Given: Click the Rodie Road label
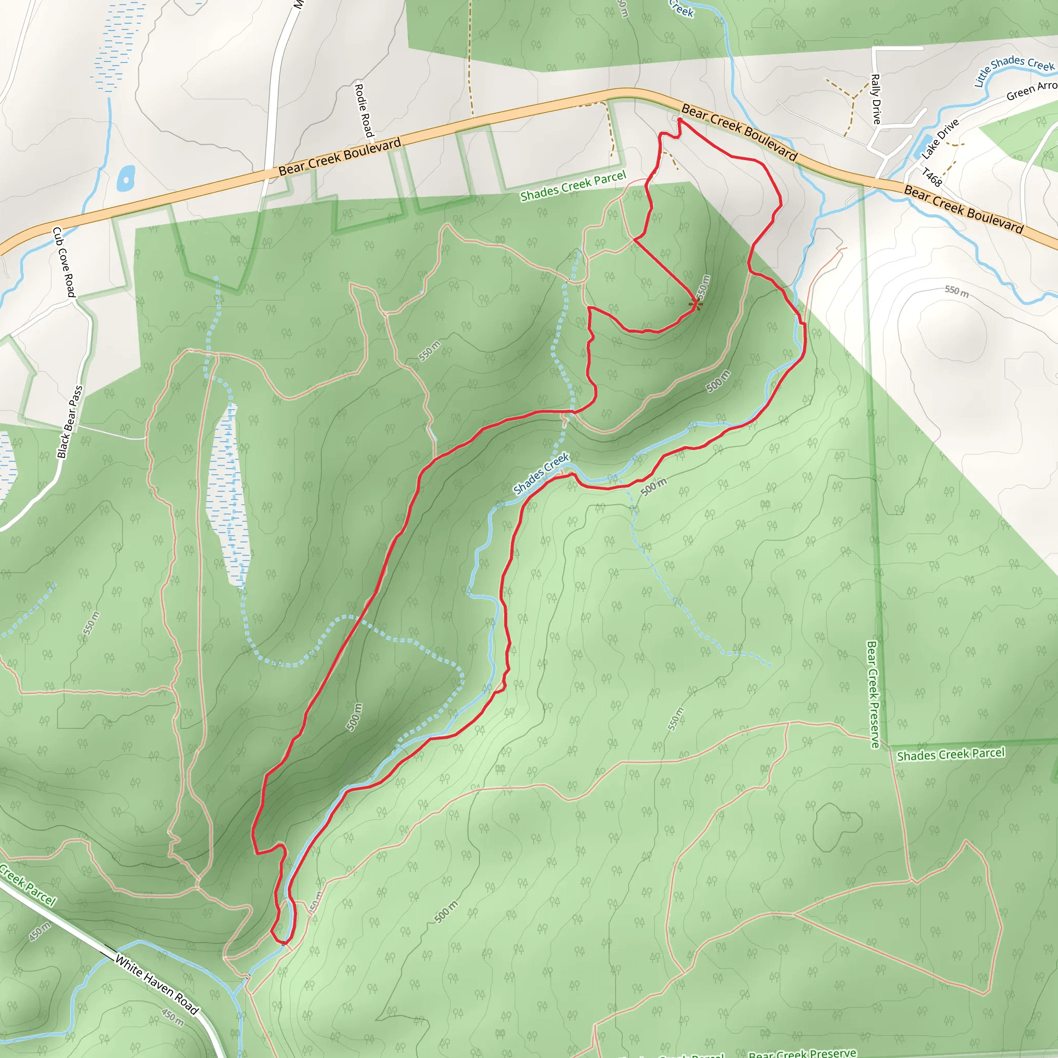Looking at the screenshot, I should [364, 111].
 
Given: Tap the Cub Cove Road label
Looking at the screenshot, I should [64, 262].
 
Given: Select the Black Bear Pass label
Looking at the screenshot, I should [71, 422].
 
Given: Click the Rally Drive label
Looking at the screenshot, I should [876, 99].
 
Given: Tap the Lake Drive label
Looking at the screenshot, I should [940, 139].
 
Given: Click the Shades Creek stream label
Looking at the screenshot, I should [541, 473].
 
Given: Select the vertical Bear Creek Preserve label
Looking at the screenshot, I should [873, 694].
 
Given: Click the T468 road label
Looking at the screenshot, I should [931, 177].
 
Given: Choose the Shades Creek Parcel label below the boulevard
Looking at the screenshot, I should [573, 186].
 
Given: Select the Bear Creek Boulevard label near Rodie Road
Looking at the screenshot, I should [339, 157].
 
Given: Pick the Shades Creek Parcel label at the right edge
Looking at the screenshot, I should [951, 755].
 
